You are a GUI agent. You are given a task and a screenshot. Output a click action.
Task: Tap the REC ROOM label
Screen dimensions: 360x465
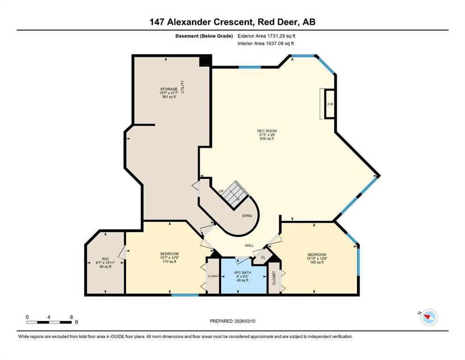point(266,131)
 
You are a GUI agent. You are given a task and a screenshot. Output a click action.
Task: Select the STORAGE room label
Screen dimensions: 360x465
point(168,89)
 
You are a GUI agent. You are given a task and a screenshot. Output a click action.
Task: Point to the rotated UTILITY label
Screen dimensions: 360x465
point(183,89)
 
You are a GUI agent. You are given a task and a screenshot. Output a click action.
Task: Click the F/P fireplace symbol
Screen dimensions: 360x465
point(330,104)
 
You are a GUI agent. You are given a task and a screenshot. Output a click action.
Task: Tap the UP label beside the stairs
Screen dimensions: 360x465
point(221,191)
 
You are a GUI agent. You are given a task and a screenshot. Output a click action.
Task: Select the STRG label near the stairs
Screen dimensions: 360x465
point(247,216)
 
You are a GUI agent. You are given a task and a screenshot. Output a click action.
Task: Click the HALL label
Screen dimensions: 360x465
point(250,245)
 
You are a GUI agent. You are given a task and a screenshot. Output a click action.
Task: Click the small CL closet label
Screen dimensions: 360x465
point(263,257)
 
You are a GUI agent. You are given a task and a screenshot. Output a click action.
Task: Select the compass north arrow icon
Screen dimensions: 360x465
point(428,318)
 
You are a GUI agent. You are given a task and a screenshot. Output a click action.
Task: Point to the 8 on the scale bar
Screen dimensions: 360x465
point(71,317)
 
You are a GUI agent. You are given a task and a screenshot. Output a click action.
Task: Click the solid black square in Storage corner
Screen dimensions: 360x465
point(205,61)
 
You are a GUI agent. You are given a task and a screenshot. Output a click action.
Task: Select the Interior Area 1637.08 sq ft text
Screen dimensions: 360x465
point(266,44)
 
